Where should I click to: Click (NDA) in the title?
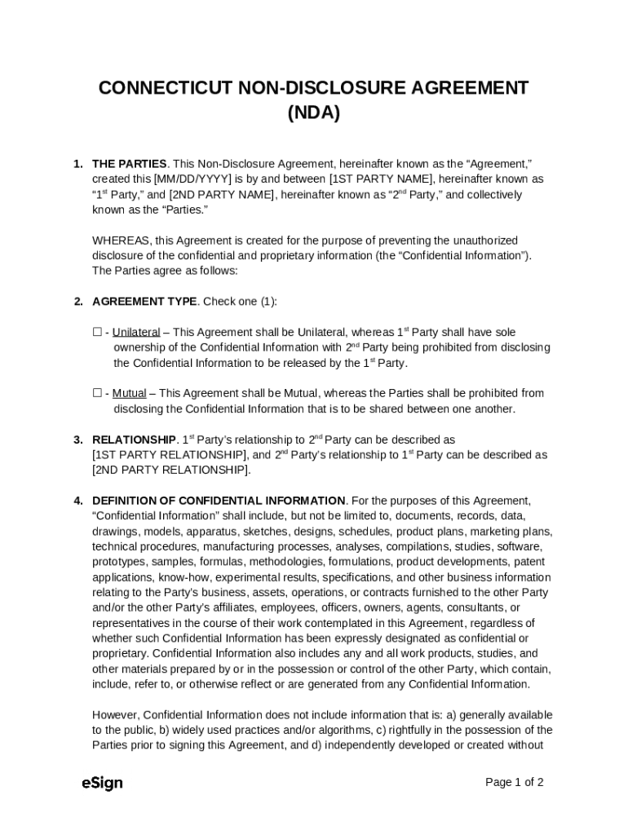click(313, 113)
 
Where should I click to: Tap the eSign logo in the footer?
click(102, 783)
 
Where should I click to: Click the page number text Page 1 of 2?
click(514, 783)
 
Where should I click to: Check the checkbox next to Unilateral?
click(97, 333)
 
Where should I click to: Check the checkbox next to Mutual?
click(97, 394)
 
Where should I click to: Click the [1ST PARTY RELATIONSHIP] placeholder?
click(170, 455)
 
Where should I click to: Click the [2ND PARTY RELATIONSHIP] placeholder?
click(170, 471)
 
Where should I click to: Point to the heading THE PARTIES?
click(130, 164)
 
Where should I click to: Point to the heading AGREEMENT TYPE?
click(144, 302)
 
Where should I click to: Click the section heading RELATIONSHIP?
click(134, 440)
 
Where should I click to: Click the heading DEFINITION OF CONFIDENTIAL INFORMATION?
click(219, 501)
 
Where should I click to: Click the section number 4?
click(77, 501)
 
